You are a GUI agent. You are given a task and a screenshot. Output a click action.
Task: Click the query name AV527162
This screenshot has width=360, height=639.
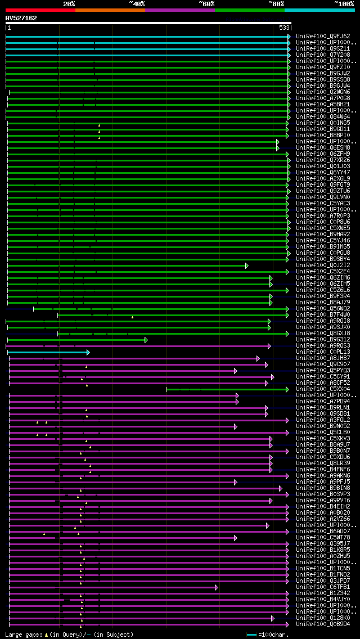[x=21, y=18]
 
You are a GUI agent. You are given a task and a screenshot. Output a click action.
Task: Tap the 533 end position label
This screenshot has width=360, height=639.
[x=284, y=28]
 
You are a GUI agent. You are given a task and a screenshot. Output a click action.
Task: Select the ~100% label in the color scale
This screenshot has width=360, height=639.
[x=344, y=3]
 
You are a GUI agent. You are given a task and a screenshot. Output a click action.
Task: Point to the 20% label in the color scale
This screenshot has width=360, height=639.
[x=69, y=3]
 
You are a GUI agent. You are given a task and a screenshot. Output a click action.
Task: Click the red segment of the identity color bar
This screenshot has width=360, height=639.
[x=40, y=10]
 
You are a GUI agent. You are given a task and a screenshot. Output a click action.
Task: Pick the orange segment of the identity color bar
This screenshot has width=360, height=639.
[x=110, y=10]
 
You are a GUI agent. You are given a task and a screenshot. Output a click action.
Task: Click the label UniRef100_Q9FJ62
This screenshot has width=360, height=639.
[x=323, y=36]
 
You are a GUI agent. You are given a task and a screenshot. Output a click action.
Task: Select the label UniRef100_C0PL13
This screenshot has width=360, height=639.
[x=323, y=352]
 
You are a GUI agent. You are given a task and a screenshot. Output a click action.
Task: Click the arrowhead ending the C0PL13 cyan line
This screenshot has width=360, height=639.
[x=88, y=352]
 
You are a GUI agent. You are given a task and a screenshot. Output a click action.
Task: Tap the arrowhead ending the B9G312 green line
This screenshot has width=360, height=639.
[x=146, y=340]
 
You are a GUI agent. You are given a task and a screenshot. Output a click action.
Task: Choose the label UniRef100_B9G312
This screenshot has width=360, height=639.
[x=323, y=339]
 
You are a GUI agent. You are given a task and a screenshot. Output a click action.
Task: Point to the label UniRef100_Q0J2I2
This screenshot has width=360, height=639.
[x=323, y=265]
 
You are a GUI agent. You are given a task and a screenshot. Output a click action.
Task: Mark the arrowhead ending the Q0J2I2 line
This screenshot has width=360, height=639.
[x=246, y=265]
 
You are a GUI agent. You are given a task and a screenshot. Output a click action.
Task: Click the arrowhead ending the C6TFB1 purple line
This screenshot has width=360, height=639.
[x=216, y=587]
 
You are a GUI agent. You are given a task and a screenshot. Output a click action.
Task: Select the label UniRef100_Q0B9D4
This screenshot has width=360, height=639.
[x=323, y=624]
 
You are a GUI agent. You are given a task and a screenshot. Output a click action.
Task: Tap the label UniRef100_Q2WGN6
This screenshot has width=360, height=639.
[x=323, y=92]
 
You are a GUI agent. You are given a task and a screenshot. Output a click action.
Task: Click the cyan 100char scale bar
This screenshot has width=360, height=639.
[x=251, y=634]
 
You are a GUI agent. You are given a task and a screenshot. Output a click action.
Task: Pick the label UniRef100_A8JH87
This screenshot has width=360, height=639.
[x=323, y=358]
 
